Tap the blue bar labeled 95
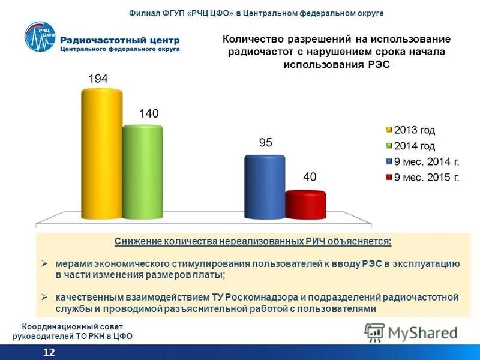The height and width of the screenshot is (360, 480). pyautogui.click(x=264, y=187)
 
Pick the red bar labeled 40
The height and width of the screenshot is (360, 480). pyautogui.click(x=305, y=205)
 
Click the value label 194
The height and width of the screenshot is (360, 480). pyautogui.click(x=98, y=79)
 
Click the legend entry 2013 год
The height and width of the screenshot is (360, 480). pyautogui.click(x=415, y=130)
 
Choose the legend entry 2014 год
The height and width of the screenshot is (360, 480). pyautogui.click(x=415, y=146)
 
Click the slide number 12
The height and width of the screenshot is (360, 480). pyautogui.click(x=49, y=352)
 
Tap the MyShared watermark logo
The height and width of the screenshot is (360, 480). pyautogui.click(x=411, y=332)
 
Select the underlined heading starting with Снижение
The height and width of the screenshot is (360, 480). pyautogui.click(x=253, y=241)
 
